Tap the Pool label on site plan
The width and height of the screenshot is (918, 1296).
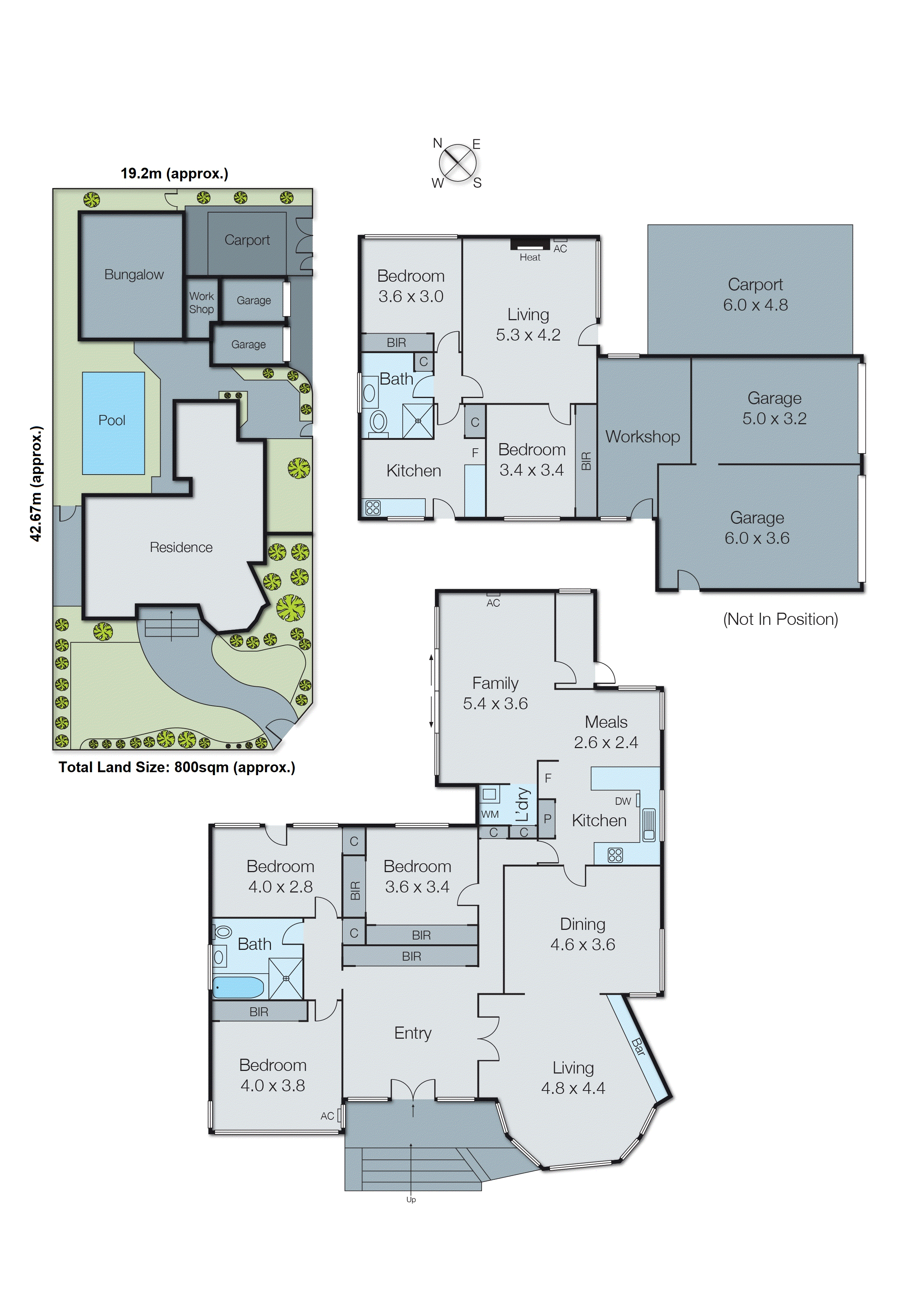coord(111,421)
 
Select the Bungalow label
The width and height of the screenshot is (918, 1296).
coord(134,275)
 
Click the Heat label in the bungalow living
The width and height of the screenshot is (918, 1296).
coord(530,258)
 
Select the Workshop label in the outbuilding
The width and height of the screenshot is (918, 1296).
coord(643,437)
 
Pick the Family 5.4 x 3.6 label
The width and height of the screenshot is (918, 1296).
coord(495,693)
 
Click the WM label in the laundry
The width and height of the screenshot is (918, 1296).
coord(489,814)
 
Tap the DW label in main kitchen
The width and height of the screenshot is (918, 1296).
coord(623,801)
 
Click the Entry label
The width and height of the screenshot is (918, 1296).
coord(413,1033)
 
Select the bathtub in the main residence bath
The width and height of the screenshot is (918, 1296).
coord(238,987)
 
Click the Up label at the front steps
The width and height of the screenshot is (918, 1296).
coord(411,1200)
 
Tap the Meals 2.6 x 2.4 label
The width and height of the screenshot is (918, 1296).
coord(606,732)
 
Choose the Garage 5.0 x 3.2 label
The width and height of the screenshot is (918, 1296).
coord(774,408)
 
